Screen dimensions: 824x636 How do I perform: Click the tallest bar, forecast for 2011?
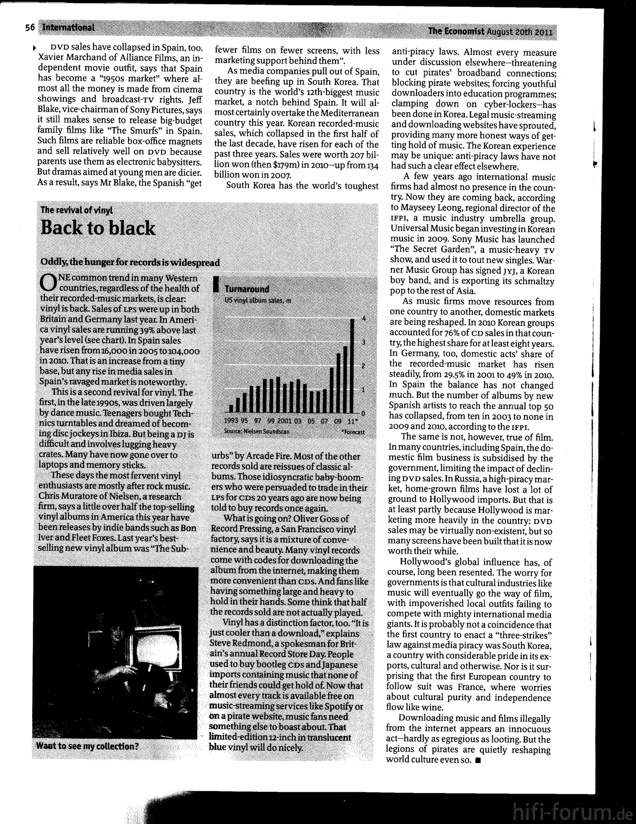tap(352, 366)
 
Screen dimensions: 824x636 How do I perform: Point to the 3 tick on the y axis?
tap(364, 342)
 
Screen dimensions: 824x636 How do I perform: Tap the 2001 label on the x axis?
tap(284, 421)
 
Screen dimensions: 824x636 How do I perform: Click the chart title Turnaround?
tap(247, 289)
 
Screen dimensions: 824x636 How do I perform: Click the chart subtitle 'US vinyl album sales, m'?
tap(258, 300)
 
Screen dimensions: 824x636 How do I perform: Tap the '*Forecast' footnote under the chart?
tap(353, 432)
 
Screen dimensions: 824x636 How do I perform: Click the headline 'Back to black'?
tap(98, 228)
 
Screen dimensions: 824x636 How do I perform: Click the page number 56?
tap(30, 28)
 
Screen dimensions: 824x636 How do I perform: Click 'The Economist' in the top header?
tap(456, 31)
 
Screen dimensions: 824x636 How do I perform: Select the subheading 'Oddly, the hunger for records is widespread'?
tap(130, 262)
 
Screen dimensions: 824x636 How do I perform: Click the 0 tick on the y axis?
tap(363, 413)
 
